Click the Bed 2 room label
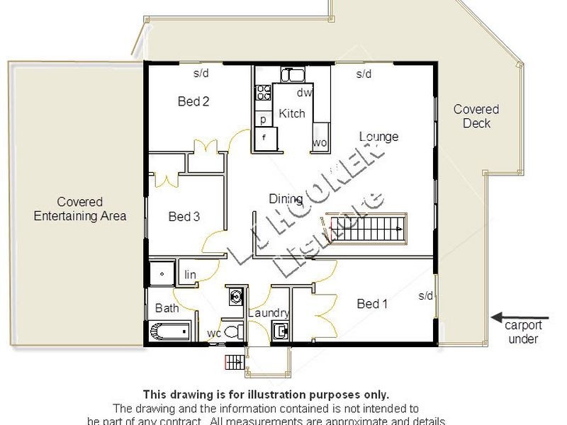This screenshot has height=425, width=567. coord(193,101)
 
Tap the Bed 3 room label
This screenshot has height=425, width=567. coord(184,217)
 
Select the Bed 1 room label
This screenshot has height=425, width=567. coord(372,304)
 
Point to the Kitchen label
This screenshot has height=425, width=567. coord(292,113)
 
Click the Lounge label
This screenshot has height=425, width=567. coord(378,137)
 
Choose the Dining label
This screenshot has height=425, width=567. coord(286,199)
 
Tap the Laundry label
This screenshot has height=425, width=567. coord(269,313)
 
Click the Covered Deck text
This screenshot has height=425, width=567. coord(476,116)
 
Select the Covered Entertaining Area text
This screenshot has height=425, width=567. coord(80,209)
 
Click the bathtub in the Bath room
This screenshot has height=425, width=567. coord(171,331)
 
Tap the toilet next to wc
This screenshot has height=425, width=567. coord(232,331)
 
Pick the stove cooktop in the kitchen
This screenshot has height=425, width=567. coord(264,92)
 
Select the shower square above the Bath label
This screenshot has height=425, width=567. coord(162,273)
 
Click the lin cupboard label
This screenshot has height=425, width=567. coord(190,275)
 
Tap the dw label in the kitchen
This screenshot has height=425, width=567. coord(303,93)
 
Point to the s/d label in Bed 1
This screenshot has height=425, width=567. coord(425,295)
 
